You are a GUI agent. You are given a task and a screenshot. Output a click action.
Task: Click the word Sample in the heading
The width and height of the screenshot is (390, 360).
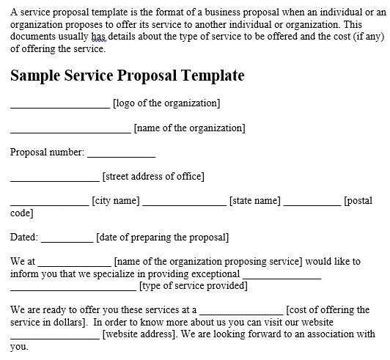coord(35,76)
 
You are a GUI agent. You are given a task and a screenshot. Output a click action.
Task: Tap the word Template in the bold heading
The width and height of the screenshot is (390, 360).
coord(213,76)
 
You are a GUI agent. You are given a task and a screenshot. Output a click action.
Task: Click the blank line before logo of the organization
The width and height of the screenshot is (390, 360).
coord(60,109)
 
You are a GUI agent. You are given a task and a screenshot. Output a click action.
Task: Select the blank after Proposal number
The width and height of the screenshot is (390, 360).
coord(122,157)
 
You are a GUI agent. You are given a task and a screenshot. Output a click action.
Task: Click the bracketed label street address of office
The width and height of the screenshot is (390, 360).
coord(153,177)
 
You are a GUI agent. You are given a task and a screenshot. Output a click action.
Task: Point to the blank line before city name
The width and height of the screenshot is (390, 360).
coord(50,206)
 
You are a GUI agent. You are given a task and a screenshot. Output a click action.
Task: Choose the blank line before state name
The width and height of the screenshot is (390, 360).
coord(185,206)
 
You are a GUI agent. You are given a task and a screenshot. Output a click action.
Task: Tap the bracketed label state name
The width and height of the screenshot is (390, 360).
coord(254,201)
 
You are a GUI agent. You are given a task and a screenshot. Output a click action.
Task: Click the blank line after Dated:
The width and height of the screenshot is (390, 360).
coord(67,242)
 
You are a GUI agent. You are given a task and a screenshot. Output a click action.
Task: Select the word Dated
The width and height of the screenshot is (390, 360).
coord(24,237)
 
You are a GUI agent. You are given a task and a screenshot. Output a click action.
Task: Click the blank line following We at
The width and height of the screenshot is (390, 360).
coord(74,266)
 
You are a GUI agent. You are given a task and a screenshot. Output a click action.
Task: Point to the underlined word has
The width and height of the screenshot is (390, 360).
coord(99,37)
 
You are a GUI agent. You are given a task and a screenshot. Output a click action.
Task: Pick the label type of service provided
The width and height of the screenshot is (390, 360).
coord(194,286)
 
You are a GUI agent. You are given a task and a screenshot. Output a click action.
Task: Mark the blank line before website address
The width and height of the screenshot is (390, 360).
coord(55,339)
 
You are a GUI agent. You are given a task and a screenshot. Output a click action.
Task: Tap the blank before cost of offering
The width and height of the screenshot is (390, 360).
coord(241,315)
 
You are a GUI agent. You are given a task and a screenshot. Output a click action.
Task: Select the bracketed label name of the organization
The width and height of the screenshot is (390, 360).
coord(190,128)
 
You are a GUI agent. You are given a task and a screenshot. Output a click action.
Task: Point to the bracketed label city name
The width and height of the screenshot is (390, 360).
coord(116,201)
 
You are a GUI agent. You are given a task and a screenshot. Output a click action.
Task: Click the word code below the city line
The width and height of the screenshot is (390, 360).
coord(22,213)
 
